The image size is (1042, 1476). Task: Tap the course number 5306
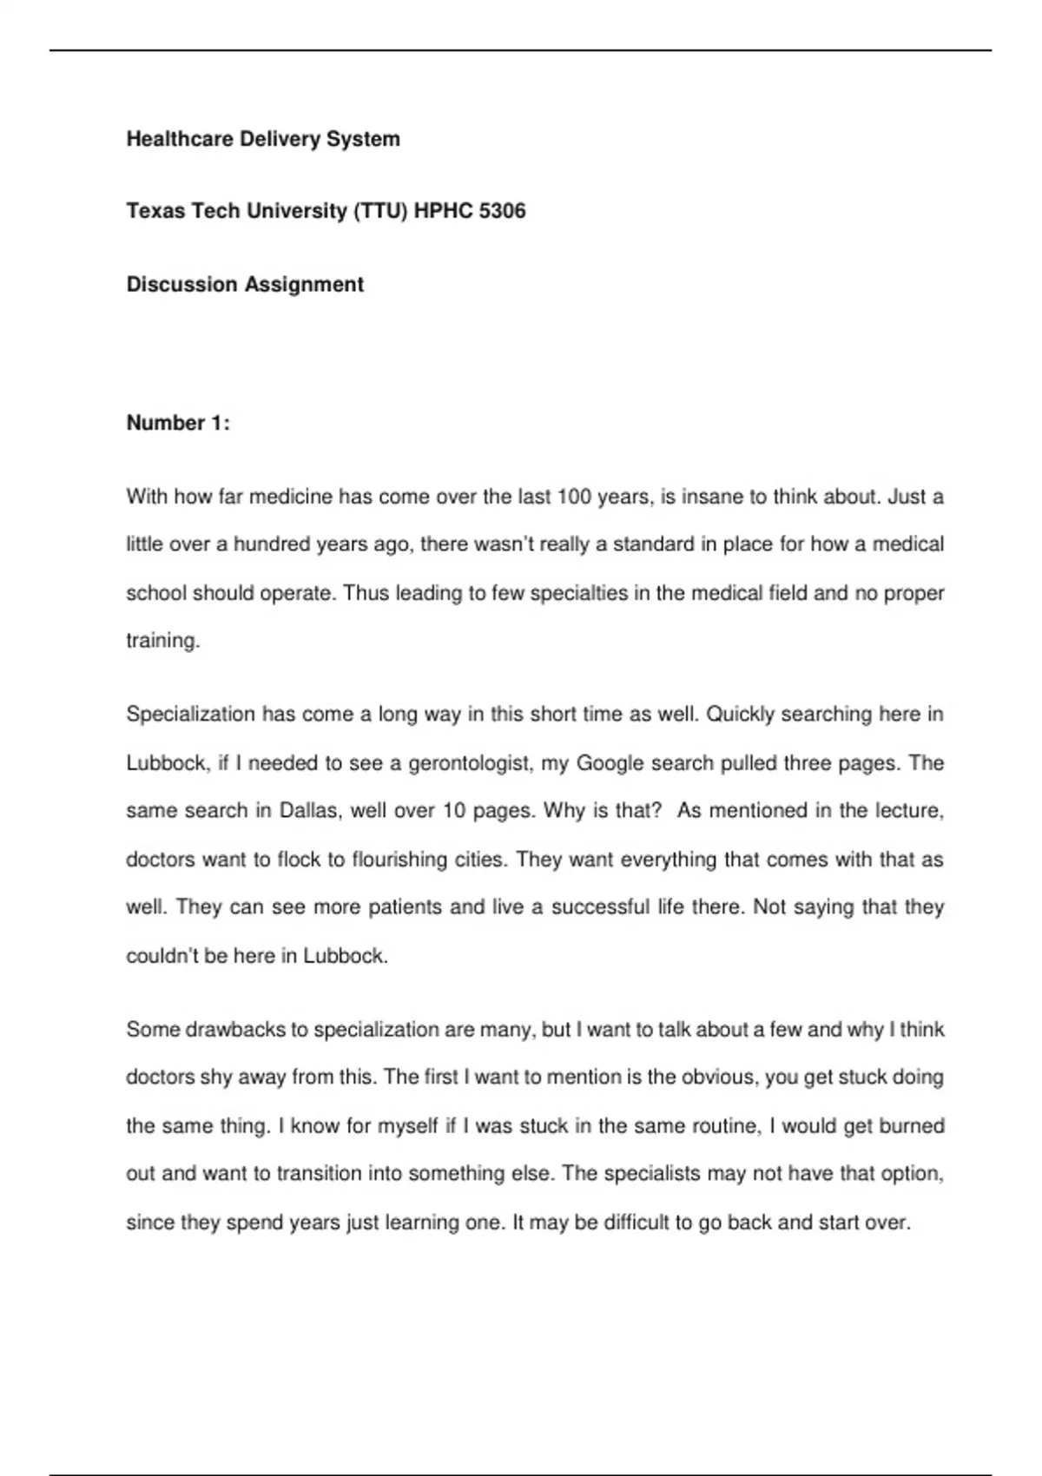pos(502,211)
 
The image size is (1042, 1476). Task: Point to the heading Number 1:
pos(178,423)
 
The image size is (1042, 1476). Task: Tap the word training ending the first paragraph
pos(162,641)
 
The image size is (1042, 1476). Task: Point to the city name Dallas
pos(309,811)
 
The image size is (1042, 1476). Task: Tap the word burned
pos(912,1126)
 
